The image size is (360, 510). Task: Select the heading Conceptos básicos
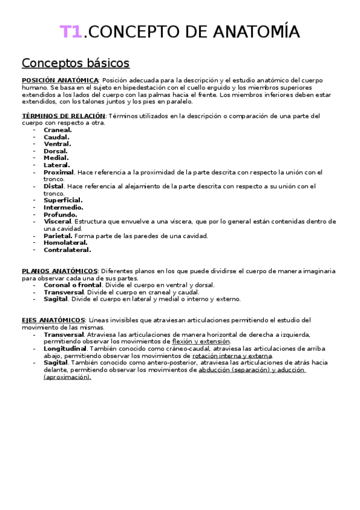[x=75, y=63]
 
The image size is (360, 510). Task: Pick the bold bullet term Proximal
[x=58, y=172]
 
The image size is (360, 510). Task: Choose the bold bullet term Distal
[x=53, y=186]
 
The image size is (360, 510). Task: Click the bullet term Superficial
[x=63, y=200]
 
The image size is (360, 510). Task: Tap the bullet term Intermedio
[x=63, y=207]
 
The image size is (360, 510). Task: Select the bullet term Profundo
[x=60, y=215]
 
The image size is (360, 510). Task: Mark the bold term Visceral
[x=57, y=222]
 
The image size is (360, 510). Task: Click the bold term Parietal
[x=58, y=236]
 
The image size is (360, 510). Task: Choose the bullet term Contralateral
[x=67, y=250]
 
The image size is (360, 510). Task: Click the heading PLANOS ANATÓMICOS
[x=59, y=271]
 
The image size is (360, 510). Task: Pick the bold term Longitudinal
[x=66, y=348]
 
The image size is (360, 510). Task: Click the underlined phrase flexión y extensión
[x=201, y=342]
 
